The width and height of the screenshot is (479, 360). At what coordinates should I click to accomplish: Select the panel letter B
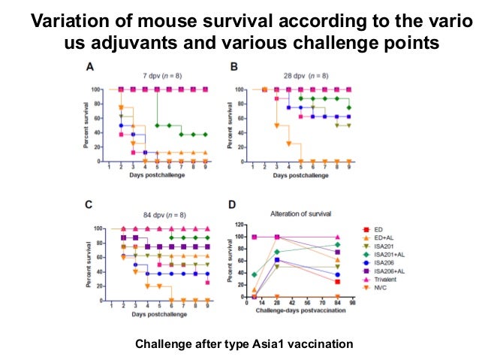pyautogui.click(x=234, y=66)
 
